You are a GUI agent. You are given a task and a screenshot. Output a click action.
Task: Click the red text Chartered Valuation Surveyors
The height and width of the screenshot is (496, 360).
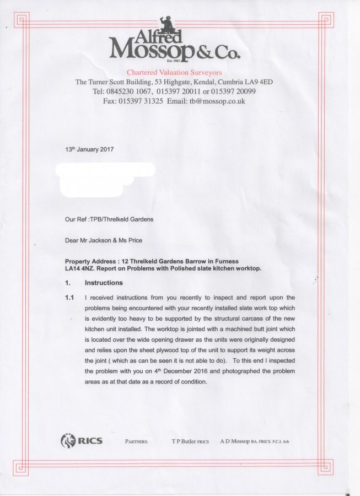click(x=174, y=72)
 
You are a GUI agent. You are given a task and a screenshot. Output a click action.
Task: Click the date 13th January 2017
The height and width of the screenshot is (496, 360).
click(x=89, y=149)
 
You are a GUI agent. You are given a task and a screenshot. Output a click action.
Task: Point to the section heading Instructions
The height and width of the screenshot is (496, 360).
click(x=104, y=283)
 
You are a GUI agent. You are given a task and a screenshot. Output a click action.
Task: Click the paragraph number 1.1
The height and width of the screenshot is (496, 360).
click(x=69, y=298)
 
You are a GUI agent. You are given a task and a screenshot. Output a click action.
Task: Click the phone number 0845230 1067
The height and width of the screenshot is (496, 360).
click(x=116, y=91)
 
